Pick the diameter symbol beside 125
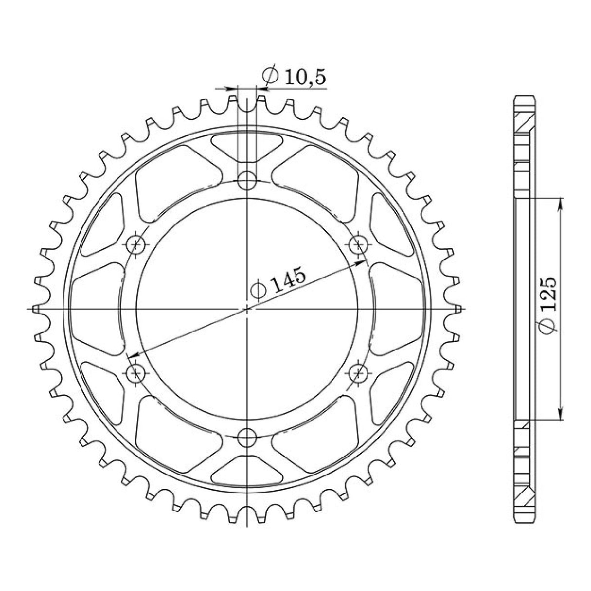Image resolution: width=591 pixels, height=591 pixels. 549,328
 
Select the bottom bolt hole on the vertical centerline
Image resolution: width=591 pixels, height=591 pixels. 247,437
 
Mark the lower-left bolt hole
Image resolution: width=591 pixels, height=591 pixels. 136,373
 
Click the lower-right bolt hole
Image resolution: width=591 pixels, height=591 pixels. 359,373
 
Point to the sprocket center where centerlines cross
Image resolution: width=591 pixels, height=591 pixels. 247,309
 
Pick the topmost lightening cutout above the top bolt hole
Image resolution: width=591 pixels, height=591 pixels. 247,146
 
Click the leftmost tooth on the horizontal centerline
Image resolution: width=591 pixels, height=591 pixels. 35,309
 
